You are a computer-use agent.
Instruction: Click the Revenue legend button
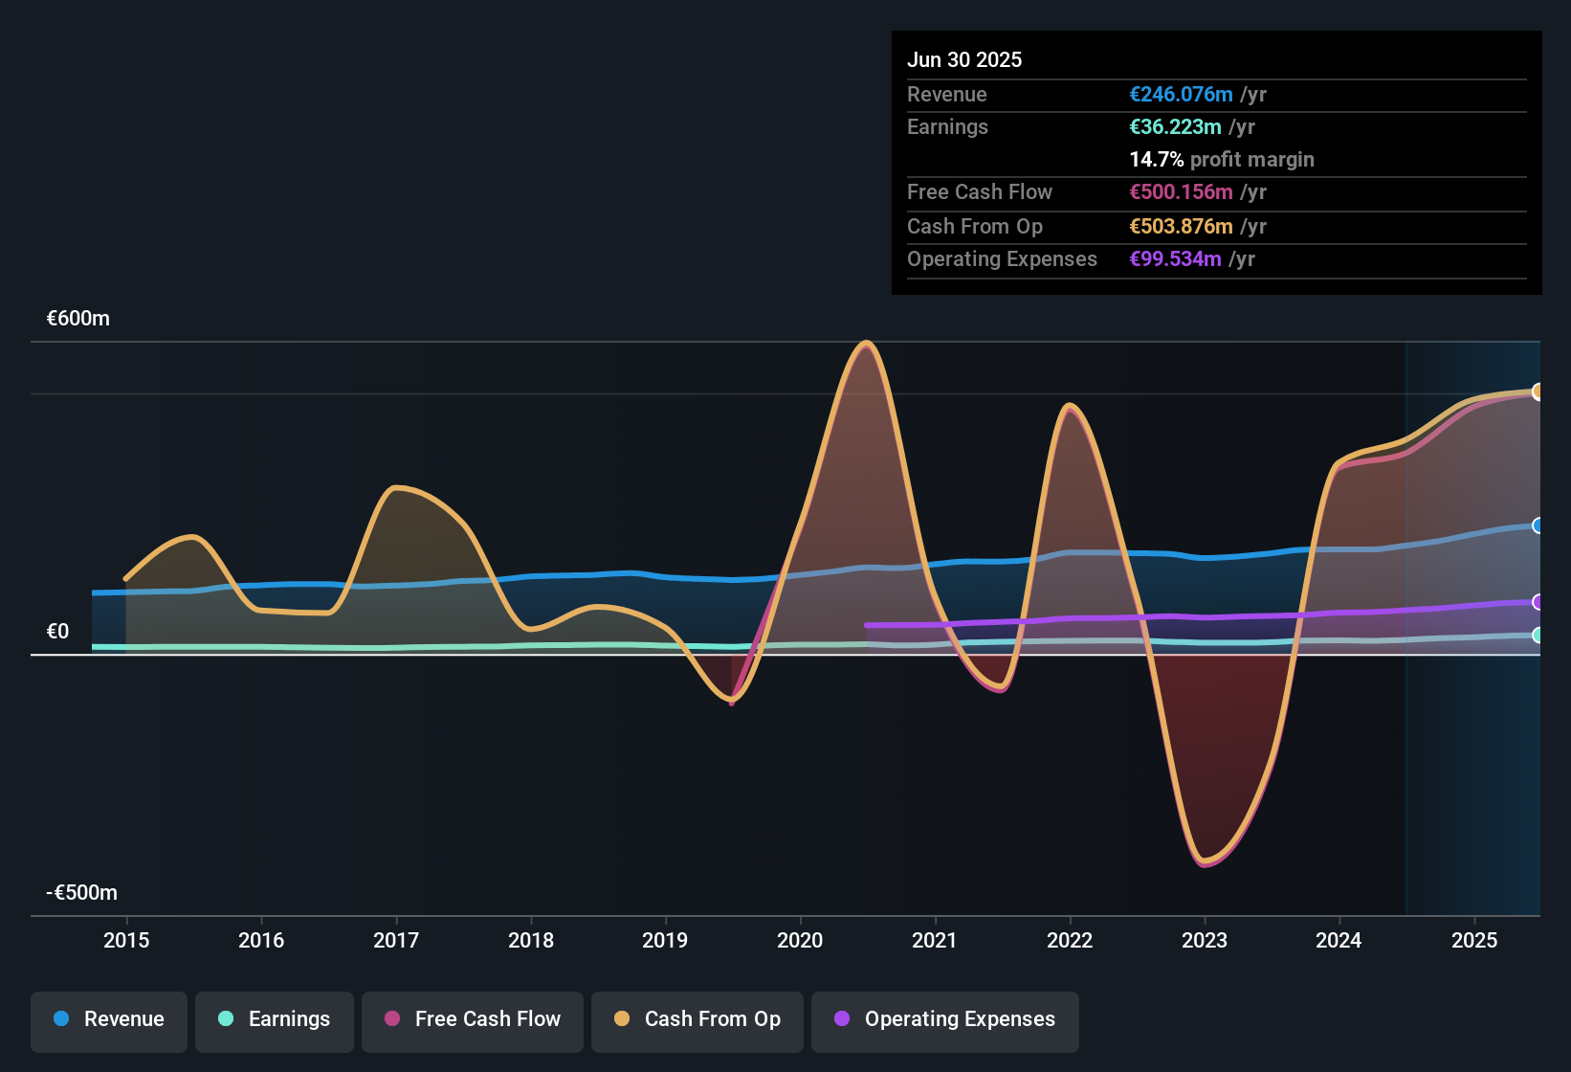coord(109,1019)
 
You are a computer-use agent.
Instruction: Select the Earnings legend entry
coord(275,1019)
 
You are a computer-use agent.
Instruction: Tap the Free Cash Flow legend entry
coord(473,1019)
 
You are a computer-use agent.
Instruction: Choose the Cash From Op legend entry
coord(697,1019)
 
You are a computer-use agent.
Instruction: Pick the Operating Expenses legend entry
coord(945,1019)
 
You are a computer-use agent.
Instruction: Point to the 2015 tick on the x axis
coord(126,940)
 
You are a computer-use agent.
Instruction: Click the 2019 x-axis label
coord(665,940)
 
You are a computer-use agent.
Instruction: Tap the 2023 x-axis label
coord(1205,940)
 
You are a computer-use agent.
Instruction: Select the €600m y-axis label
coord(78,319)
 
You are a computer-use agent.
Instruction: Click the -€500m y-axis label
coord(82,893)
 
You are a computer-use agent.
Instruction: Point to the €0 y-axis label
coord(58,632)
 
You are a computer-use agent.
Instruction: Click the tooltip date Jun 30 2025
coord(964,60)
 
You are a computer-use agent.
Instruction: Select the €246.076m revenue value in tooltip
coord(1181,95)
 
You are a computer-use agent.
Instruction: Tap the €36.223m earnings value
coord(1175,127)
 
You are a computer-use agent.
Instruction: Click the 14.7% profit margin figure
coord(1157,160)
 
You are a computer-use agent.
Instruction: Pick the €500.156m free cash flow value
coord(1181,192)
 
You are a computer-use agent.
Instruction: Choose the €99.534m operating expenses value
coord(1175,259)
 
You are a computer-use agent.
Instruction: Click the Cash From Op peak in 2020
coord(867,343)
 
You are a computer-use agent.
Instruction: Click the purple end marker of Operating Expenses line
coord(1538,602)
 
